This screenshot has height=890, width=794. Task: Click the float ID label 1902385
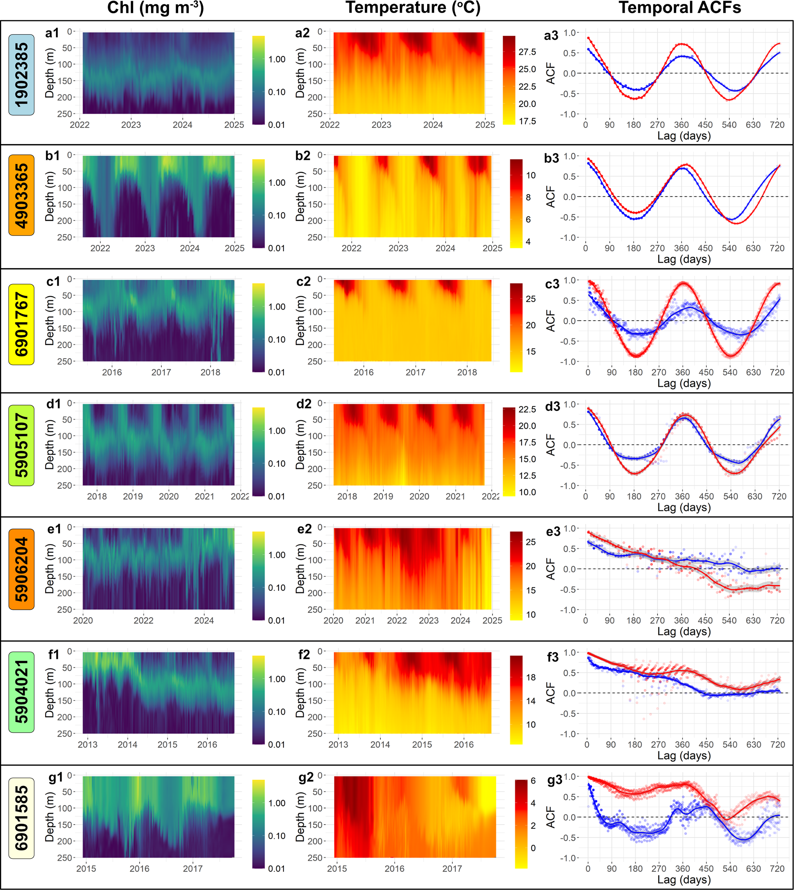tap(22, 75)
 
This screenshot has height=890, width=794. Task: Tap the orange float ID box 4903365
tap(22, 195)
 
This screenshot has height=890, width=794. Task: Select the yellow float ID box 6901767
tap(22, 324)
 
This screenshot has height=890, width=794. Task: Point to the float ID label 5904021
tap(22, 692)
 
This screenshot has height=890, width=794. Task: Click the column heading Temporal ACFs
tap(680, 8)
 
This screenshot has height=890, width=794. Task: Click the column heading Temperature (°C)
tap(413, 8)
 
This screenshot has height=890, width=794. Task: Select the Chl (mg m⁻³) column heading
tap(155, 8)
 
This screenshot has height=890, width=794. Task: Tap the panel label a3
tap(551, 36)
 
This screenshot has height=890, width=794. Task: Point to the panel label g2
tap(305, 777)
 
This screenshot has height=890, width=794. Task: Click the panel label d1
tap(54, 404)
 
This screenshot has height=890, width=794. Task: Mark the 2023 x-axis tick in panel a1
tap(131, 125)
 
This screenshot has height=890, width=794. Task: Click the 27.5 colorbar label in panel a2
tap(527, 52)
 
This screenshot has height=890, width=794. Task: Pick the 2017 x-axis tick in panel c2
tap(415, 372)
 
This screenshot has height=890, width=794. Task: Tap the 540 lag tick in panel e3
tap(729, 620)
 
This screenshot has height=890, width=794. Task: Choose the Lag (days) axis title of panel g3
tap(684, 880)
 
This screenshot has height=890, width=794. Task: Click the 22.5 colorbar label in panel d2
tap(527, 409)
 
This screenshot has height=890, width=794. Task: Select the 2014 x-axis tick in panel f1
tap(128, 744)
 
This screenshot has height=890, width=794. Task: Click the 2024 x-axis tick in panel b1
tap(190, 248)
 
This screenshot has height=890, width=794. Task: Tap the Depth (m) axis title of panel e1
tap(50, 568)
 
